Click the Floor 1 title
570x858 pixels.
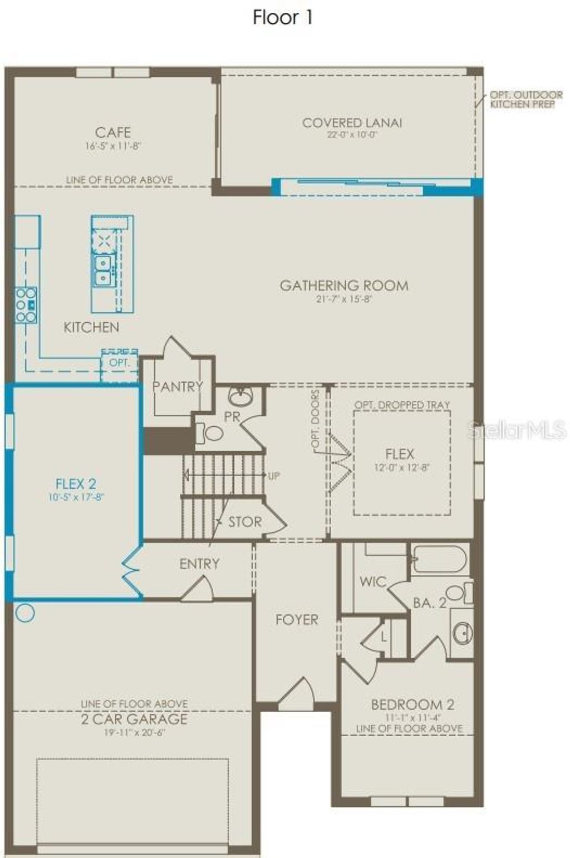tap(283, 18)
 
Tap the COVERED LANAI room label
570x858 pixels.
tap(352, 122)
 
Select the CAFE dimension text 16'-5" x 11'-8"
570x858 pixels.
tap(113, 146)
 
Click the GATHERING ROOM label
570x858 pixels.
tap(343, 285)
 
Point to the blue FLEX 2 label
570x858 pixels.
tap(76, 484)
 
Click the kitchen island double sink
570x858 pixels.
tap(102, 270)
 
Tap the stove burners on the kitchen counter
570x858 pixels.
tap(26, 305)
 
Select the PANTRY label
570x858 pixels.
tap(177, 386)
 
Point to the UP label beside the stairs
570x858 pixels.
tap(274, 476)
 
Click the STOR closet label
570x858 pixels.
tap(245, 522)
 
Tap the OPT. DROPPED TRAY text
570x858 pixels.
tap(402, 405)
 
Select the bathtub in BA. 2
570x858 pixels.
tap(439, 559)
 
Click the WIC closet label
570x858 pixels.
tap(372, 582)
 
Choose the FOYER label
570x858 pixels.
tap(297, 619)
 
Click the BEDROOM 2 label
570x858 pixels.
tap(412, 704)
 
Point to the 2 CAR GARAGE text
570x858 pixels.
tap(134, 719)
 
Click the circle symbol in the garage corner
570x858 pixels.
tap(25, 613)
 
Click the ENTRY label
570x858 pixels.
tap(199, 564)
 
